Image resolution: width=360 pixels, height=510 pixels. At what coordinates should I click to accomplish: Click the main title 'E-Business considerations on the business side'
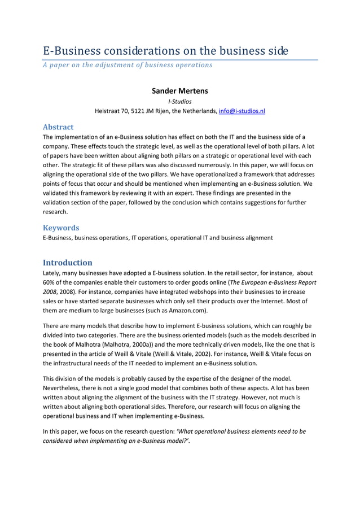pos(166,51)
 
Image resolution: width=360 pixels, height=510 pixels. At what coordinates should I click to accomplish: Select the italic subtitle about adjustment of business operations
pos(128,65)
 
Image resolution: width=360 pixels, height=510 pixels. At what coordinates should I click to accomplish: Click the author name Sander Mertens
pos(180,91)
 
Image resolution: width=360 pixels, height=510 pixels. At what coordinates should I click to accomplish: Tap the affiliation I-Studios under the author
pos(180,102)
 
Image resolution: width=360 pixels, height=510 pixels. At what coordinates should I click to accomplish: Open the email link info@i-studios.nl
pos(242,111)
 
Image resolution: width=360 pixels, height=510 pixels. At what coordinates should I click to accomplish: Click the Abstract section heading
pos(58,127)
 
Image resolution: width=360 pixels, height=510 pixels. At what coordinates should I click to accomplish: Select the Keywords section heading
pos(61,228)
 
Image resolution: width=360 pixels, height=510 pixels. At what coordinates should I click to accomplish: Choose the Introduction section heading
pos(68,263)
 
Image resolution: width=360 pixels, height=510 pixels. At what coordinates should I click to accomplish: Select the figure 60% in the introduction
pos(50,282)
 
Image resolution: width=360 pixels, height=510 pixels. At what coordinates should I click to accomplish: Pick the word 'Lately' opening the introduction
pos(52,273)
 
